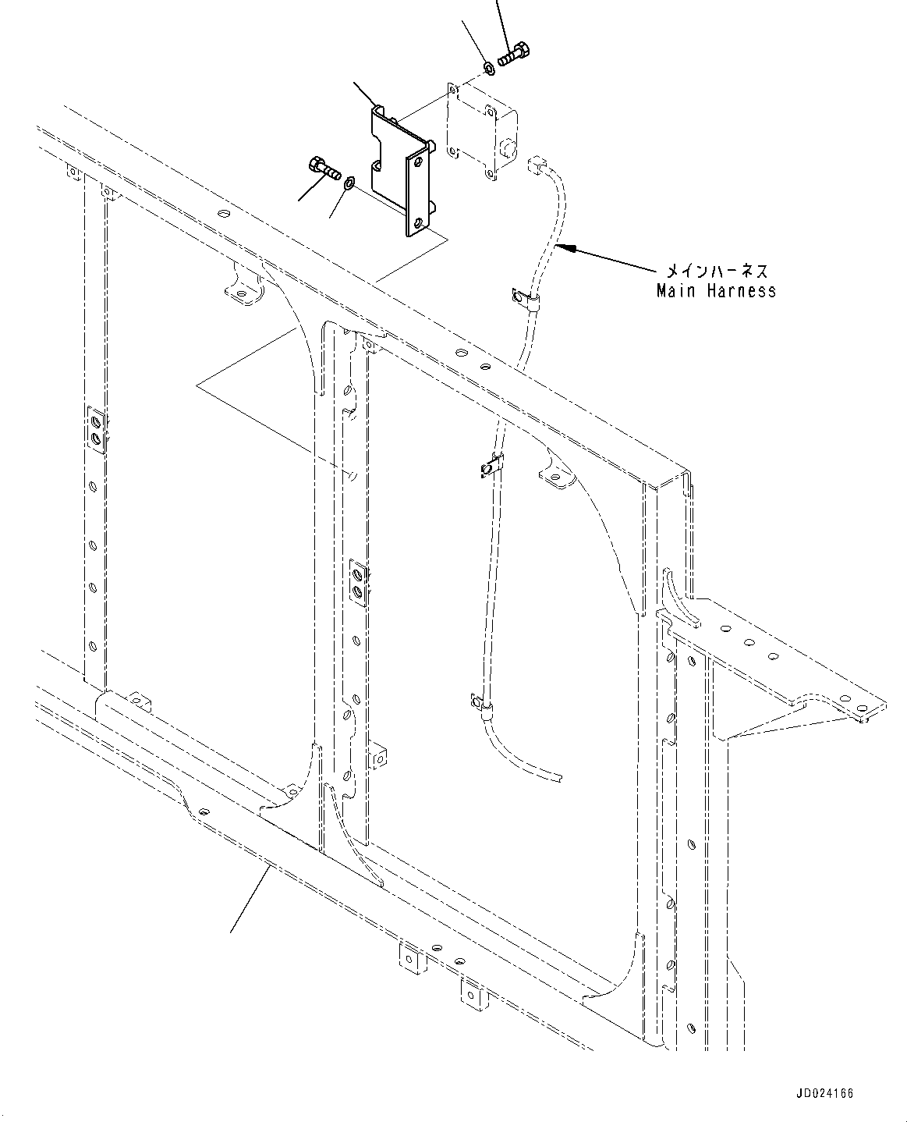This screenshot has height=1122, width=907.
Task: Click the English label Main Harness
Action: coord(717,291)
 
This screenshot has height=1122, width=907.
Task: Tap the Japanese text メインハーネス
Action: coord(717,272)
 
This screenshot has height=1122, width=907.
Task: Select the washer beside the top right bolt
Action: coord(488,68)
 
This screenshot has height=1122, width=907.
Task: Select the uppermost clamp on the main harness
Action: coord(526,300)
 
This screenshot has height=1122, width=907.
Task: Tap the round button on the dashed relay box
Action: coord(508,147)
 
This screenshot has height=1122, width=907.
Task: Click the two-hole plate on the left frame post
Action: coord(97,429)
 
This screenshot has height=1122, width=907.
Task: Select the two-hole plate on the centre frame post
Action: coord(359,583)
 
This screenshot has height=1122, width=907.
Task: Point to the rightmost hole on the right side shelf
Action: coord(861,707)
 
